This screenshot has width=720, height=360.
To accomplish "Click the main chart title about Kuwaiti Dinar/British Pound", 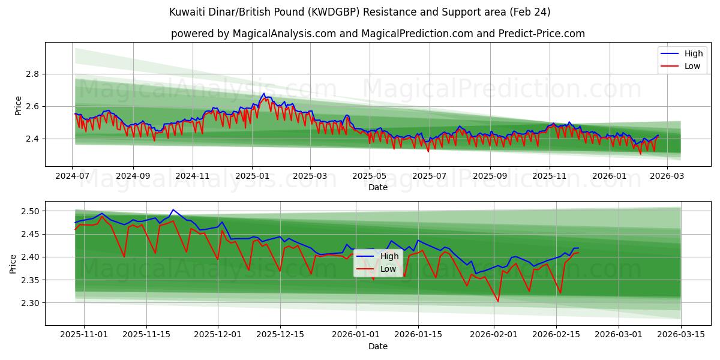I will [x=360, y=12].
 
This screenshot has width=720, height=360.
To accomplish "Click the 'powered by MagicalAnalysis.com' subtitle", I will [x=378, y=34].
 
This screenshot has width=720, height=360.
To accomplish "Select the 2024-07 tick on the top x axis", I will [x=73, y=176].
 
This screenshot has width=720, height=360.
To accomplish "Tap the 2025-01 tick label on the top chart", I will [x=251, y=176].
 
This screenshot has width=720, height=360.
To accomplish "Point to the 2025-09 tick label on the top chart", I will [x=490, y=176].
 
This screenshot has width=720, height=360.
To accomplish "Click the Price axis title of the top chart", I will [x=18, y=106].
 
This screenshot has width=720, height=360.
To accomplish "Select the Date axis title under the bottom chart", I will [x=378, y=346].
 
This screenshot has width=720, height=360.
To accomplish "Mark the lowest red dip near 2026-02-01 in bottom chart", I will [x=498, y=301].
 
